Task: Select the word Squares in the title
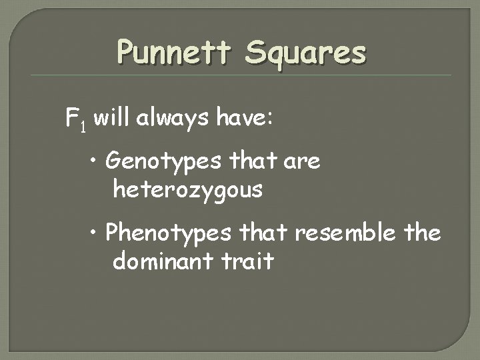click(x=305, y=53)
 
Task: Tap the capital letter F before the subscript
click(x=71, y=120)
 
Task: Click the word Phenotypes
click(x=168, y=233)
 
